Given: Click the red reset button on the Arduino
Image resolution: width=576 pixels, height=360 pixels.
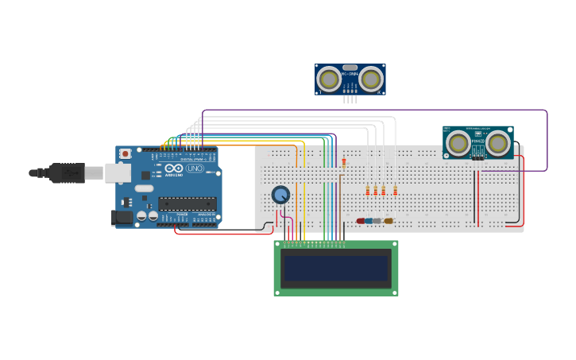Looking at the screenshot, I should click(125, 153).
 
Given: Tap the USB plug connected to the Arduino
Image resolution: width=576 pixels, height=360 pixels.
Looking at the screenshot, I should click(67, 172).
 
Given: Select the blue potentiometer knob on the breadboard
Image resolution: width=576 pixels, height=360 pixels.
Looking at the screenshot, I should click(280, 195).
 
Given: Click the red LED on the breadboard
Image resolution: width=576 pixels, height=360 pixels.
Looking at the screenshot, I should click(361, 221).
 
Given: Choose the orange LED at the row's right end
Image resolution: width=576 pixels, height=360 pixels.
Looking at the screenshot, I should click(389, 221).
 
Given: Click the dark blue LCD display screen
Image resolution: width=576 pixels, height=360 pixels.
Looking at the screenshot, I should click(336, 268).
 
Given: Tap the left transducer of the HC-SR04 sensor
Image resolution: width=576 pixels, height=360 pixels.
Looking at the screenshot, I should click(329, 79).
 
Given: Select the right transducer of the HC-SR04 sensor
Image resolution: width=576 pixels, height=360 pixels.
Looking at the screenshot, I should click(370, 79).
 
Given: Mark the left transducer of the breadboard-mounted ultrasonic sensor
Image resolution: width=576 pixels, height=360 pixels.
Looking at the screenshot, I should click(458, 143).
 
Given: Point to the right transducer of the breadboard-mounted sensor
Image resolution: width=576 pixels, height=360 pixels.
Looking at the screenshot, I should click(498, 143).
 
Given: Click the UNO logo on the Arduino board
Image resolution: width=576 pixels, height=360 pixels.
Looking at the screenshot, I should click(195, 168).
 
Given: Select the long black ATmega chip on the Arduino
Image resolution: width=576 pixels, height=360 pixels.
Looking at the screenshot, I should click(187, 203).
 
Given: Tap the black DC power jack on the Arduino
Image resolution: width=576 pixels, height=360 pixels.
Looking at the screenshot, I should click(122, 217).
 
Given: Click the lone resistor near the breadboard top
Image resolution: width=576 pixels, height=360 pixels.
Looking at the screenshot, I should click(343, 163).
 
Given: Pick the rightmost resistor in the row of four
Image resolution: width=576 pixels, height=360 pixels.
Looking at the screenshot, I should click(395, 191).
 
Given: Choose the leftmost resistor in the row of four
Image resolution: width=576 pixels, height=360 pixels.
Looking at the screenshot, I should click(368, 191).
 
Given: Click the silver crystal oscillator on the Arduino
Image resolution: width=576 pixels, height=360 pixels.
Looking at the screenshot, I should click(144, 188).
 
